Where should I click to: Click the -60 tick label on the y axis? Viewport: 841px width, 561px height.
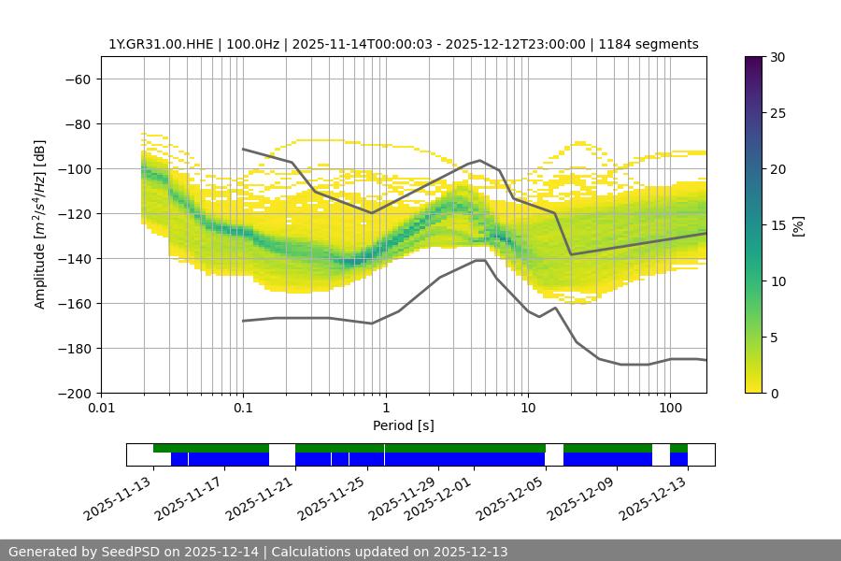[x=78, y=79]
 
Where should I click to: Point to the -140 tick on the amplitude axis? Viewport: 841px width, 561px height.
[x=74, y=258]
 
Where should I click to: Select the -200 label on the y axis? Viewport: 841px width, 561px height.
[x=74, y=393]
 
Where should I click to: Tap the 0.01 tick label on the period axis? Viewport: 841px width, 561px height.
[x=101, y=409]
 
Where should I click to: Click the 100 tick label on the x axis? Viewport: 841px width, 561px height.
[x=670, y=409]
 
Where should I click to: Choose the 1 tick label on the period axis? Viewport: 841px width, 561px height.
[x=385, y=409]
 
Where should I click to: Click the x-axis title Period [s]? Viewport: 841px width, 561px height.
[x=404, y=425]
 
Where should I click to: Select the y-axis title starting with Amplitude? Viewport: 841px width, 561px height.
[x=40, y=224]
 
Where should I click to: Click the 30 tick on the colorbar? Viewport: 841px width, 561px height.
[x=777, y=57]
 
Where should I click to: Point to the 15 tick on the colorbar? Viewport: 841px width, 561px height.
[x=777, y=224]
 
